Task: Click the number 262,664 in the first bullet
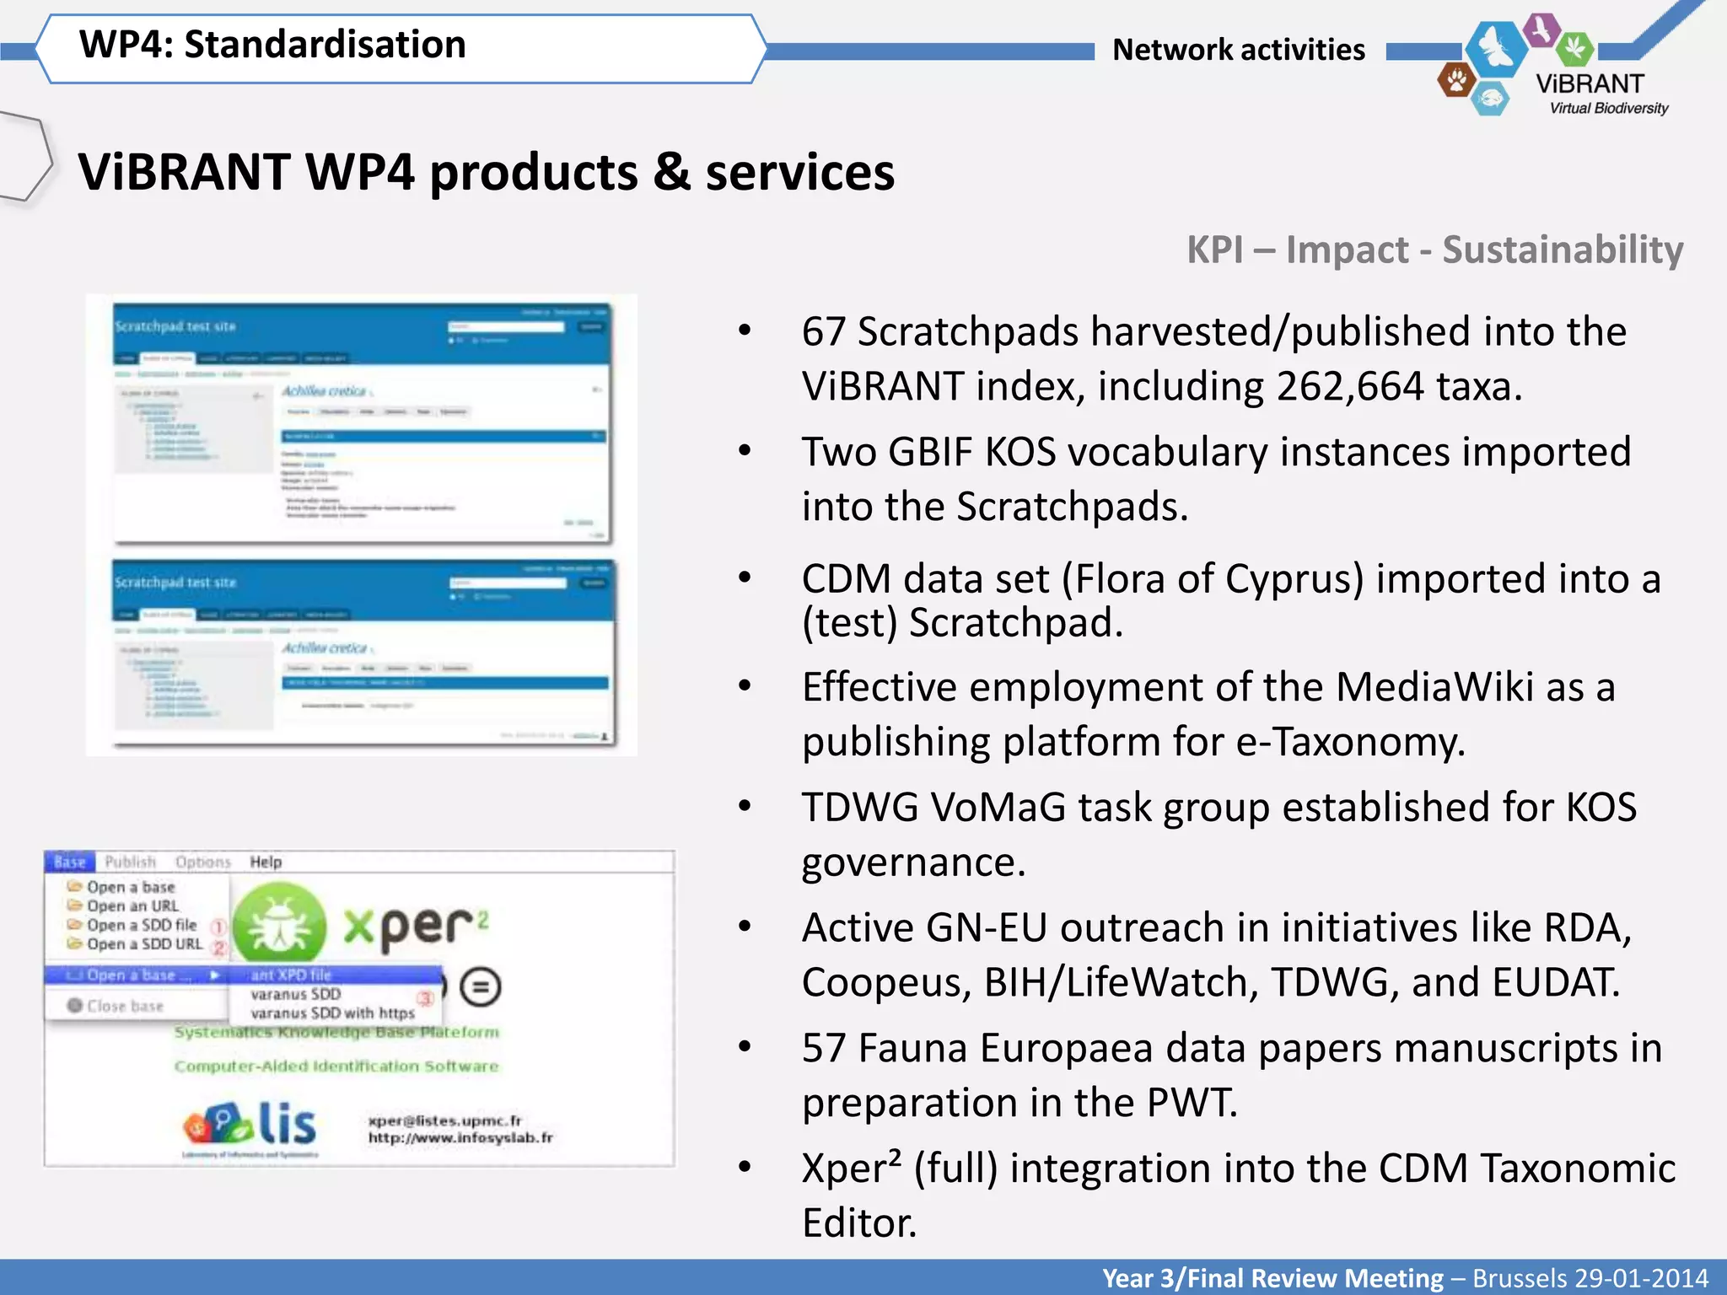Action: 1348,387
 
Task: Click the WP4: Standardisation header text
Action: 272,45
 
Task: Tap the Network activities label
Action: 1238,50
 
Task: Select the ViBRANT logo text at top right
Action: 1590,84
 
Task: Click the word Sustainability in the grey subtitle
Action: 1562,250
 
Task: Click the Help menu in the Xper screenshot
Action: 266,862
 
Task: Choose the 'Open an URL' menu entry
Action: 132,906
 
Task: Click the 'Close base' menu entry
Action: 124,1006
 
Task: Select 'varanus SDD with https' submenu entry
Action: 332,1013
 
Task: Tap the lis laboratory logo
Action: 250,1126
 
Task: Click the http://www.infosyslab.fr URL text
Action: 460,1138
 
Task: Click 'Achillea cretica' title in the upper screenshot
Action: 324,391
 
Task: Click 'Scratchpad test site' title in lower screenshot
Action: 175,583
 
